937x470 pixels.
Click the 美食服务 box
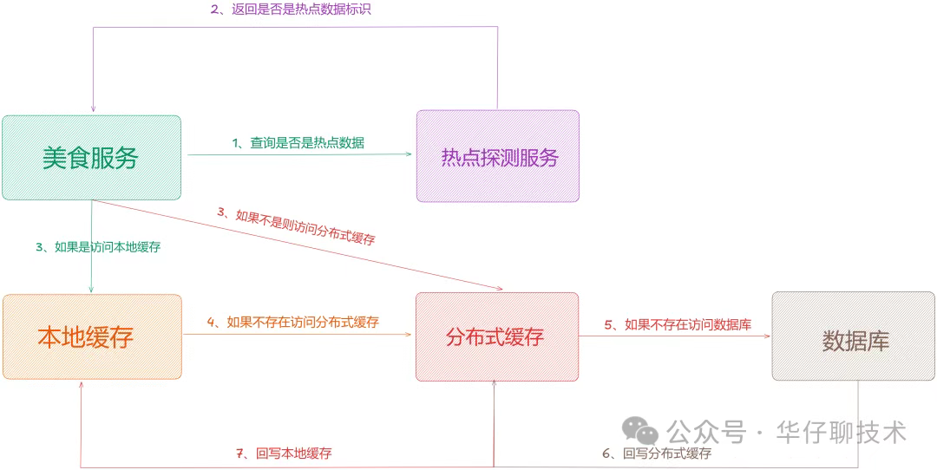tap(91, 158)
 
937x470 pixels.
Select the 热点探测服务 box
tap(498, 156)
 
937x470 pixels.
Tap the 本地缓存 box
tap(92, 336)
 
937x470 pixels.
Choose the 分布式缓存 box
tap(497, 336)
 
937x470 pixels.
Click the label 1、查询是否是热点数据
tap(298, 143)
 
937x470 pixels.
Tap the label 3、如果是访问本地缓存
tap(98, 247)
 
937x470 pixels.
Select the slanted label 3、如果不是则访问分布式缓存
tap(296, 225)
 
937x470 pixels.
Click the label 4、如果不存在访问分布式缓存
tap(293, 322)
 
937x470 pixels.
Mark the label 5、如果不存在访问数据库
tap(678, 325)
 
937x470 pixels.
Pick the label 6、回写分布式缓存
tap(657, 454)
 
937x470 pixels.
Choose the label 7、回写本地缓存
tap(284, 453)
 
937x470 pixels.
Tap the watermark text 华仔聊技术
tap(842, 432)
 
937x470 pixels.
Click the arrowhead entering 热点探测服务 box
tap(409, 154)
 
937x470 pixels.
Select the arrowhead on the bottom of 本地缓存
tap(82, 388)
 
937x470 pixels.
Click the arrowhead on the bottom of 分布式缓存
tap(495, 388)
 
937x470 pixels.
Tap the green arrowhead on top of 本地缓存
tap(91, 289)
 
